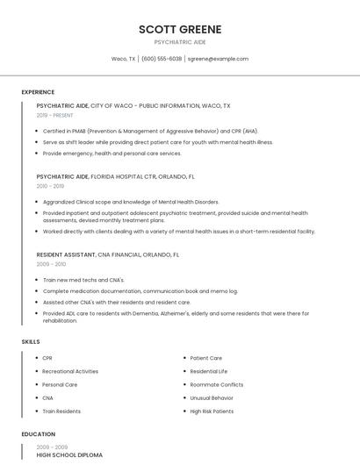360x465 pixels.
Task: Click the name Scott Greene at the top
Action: point(180,29)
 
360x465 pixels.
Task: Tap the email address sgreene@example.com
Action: point(218,59)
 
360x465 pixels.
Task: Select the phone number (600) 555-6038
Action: point(162,59)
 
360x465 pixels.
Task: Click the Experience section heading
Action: point(38,92)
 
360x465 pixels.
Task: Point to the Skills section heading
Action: point(31,341)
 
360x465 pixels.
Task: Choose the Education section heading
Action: point(38,433)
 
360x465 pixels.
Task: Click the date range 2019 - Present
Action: point(54,115)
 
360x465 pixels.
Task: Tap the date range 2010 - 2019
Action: point(50,186)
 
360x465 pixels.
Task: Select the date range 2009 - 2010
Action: point(51,264)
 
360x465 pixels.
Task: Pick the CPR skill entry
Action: point(47,358)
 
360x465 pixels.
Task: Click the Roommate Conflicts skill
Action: point(217,384)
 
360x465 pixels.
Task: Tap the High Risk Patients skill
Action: point(212,411)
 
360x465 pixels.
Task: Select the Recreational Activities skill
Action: point(70,371)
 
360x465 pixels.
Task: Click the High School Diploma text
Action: point(69,455)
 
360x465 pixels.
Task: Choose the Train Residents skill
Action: point(61,411)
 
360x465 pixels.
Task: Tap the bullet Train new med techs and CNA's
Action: point(83,280)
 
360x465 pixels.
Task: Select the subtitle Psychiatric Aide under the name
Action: point(180,42)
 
